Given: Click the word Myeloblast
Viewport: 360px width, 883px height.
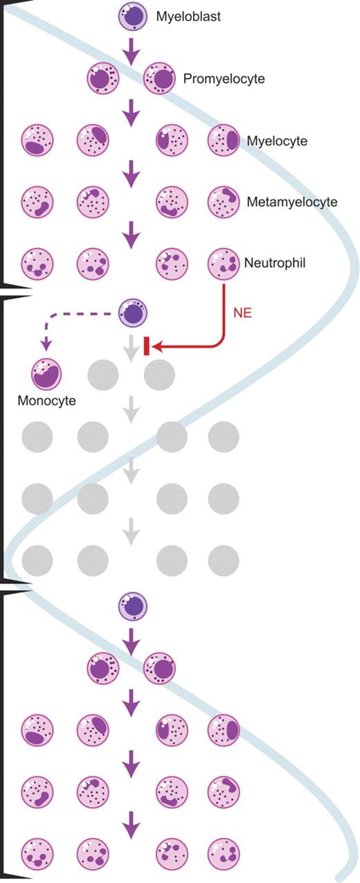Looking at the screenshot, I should (188, 17).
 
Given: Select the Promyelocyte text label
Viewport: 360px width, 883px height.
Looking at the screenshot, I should (224, 79).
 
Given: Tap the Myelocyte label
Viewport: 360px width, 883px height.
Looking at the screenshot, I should (277, 141).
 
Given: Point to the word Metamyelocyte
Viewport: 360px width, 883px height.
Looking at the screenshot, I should (291, 202).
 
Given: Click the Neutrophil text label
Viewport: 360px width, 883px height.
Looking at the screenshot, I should (274, 263).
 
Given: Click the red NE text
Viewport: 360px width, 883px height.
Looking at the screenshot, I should (242, 312).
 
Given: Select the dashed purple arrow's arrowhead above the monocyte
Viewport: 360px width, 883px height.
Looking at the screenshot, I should (46, 344).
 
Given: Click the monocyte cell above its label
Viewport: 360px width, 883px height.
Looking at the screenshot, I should (46, 375).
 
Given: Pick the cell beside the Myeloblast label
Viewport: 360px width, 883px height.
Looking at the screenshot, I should (131, 16).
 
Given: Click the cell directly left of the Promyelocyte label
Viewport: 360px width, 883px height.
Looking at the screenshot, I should (159, 79).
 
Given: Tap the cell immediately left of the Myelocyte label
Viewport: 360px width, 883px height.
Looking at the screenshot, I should (223, 141).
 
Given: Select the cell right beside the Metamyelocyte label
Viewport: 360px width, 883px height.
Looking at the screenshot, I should (223, 202).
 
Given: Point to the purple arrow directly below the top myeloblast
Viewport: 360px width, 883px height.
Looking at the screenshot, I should (131, 48).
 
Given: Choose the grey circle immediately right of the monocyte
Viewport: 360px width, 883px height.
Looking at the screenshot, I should (102, 375).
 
